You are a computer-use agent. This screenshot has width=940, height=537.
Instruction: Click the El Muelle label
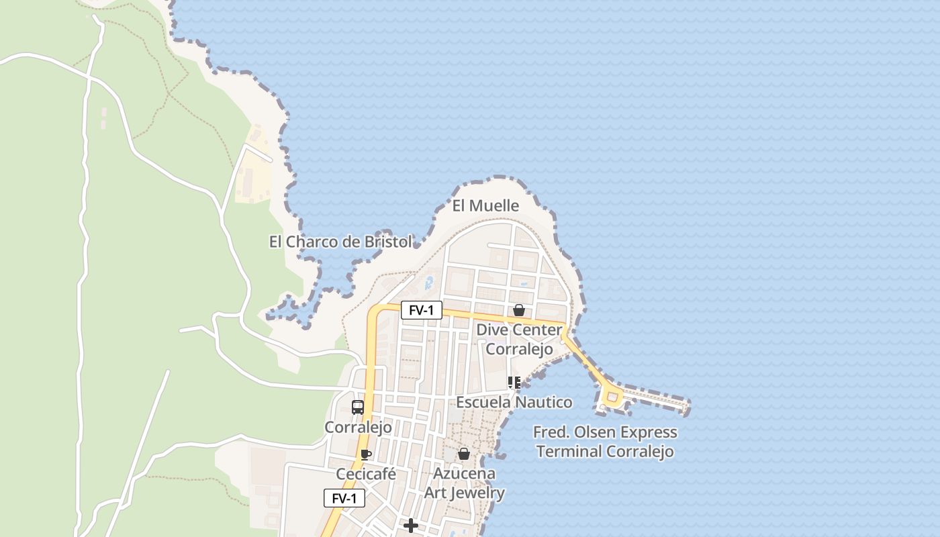[485, 205]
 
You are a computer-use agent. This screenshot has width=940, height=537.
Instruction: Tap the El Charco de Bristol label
[340, 242]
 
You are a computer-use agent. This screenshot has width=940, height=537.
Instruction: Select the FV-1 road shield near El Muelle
[421, 310]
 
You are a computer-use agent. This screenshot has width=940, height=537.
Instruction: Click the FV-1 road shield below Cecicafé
[344, 498]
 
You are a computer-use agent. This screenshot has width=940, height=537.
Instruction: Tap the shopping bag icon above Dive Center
[519, 310]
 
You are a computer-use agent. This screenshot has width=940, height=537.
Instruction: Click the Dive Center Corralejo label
[519, 340]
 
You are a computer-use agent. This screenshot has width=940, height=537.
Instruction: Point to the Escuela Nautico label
[514, 402]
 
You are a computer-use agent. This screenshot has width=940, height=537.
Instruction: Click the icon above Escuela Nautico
[514, 383]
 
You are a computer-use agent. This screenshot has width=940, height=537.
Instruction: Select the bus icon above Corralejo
[358, 407]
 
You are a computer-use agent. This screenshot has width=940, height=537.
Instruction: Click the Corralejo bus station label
[358, 428]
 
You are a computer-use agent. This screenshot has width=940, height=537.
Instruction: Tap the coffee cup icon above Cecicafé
[366, 454]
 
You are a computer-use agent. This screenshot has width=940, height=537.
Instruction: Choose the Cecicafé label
[366, 475]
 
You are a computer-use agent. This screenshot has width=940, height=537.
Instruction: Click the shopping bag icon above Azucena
[464, 454]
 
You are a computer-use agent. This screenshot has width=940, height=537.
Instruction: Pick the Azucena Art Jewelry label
[465, 483]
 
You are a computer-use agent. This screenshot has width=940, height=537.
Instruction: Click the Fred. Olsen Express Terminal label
[605, 442]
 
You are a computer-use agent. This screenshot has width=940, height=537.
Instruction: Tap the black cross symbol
[411, 526]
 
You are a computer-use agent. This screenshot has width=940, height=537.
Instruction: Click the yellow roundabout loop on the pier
[612, 397]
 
